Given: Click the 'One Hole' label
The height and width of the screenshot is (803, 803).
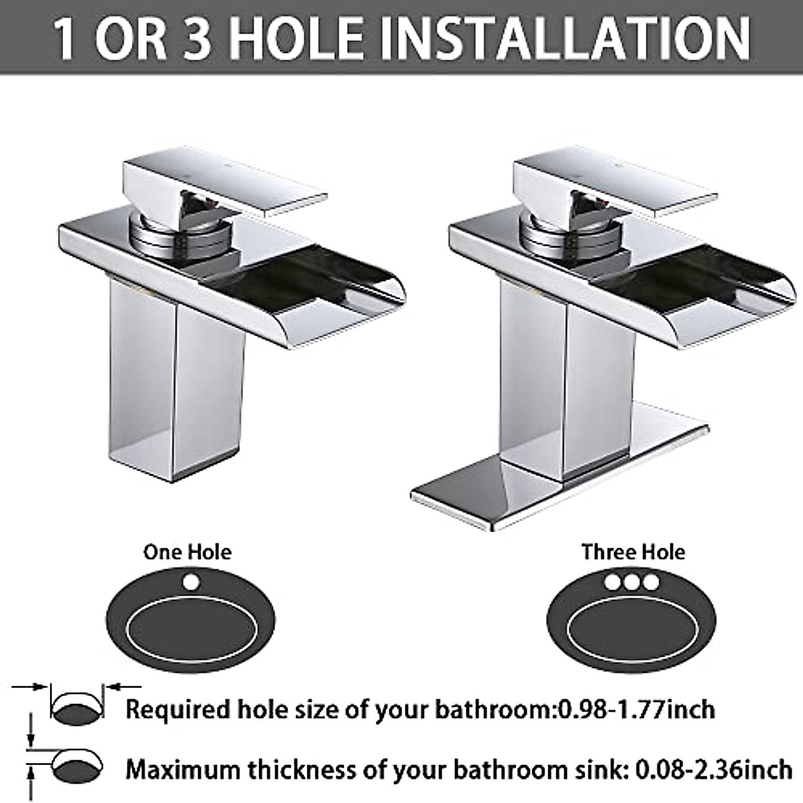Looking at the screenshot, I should (x=187, y=552).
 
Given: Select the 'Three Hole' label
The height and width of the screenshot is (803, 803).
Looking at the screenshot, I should (x=633, y=552).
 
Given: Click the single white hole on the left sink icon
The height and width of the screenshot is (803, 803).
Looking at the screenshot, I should (x=192, y=582).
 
